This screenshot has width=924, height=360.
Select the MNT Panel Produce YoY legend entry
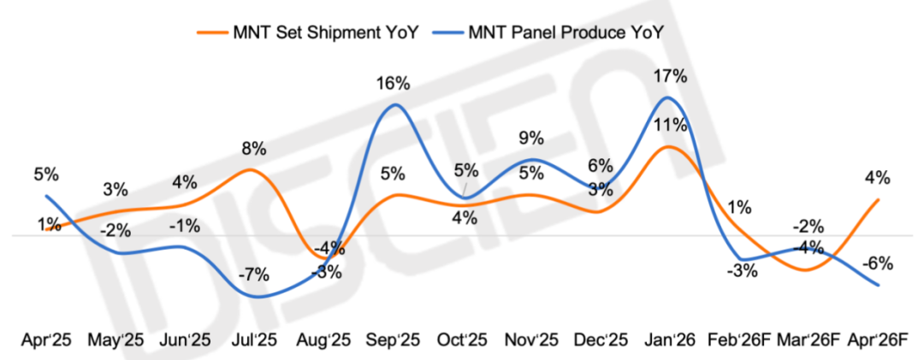[566, 33]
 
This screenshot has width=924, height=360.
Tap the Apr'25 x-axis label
[45, 340]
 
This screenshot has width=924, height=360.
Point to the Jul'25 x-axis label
[254, 340]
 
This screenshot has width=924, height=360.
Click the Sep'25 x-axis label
[394, 340]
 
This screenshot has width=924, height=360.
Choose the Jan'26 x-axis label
[670, 340]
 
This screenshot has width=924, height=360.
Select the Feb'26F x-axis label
[739, 340]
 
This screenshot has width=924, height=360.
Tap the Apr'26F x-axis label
[878, 340]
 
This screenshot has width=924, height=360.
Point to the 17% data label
[670, 76]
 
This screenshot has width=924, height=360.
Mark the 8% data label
[254, 148]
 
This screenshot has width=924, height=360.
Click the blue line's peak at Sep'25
[394, 104]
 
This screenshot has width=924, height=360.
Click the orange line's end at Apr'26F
[879, 200]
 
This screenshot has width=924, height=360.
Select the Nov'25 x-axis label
[531, 340]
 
